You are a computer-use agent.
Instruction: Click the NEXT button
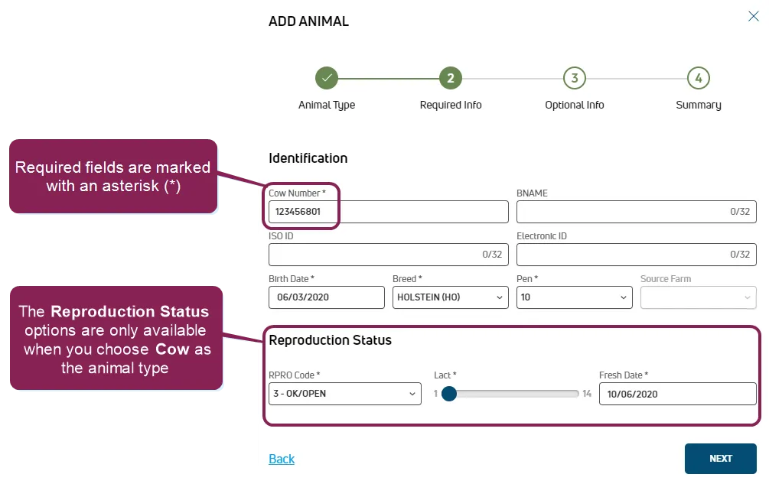tap(721, 459)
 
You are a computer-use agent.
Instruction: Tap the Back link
tap(282, 459)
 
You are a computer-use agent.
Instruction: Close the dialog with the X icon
tap(753, 16)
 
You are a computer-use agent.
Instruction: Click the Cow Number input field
tap(389, 212)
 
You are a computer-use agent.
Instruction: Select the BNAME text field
tap(636, 212)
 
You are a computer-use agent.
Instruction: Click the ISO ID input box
tap(389, 255)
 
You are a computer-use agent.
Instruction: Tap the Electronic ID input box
tap(636, 255)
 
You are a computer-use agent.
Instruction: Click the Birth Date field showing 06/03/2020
tap(327, 297)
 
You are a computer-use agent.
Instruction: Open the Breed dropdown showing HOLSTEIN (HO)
tap(450, 297)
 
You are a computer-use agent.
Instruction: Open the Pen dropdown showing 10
tap(575, 297)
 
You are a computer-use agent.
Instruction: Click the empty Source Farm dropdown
tap(699, 297)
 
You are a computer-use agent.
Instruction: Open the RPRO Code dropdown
tap(345, 394)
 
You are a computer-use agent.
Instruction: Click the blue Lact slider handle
tap(448, 394)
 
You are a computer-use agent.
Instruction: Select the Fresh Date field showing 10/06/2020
tap(678, 394)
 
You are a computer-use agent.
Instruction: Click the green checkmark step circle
tap(327, 78)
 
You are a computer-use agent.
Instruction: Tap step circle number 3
tap(575, 78)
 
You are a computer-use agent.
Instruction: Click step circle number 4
tap(699, 78)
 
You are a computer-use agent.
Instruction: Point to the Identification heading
tap(308, 158)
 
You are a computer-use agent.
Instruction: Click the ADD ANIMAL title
tap(308, 21)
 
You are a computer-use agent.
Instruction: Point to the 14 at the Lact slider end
tap(587, 394)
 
